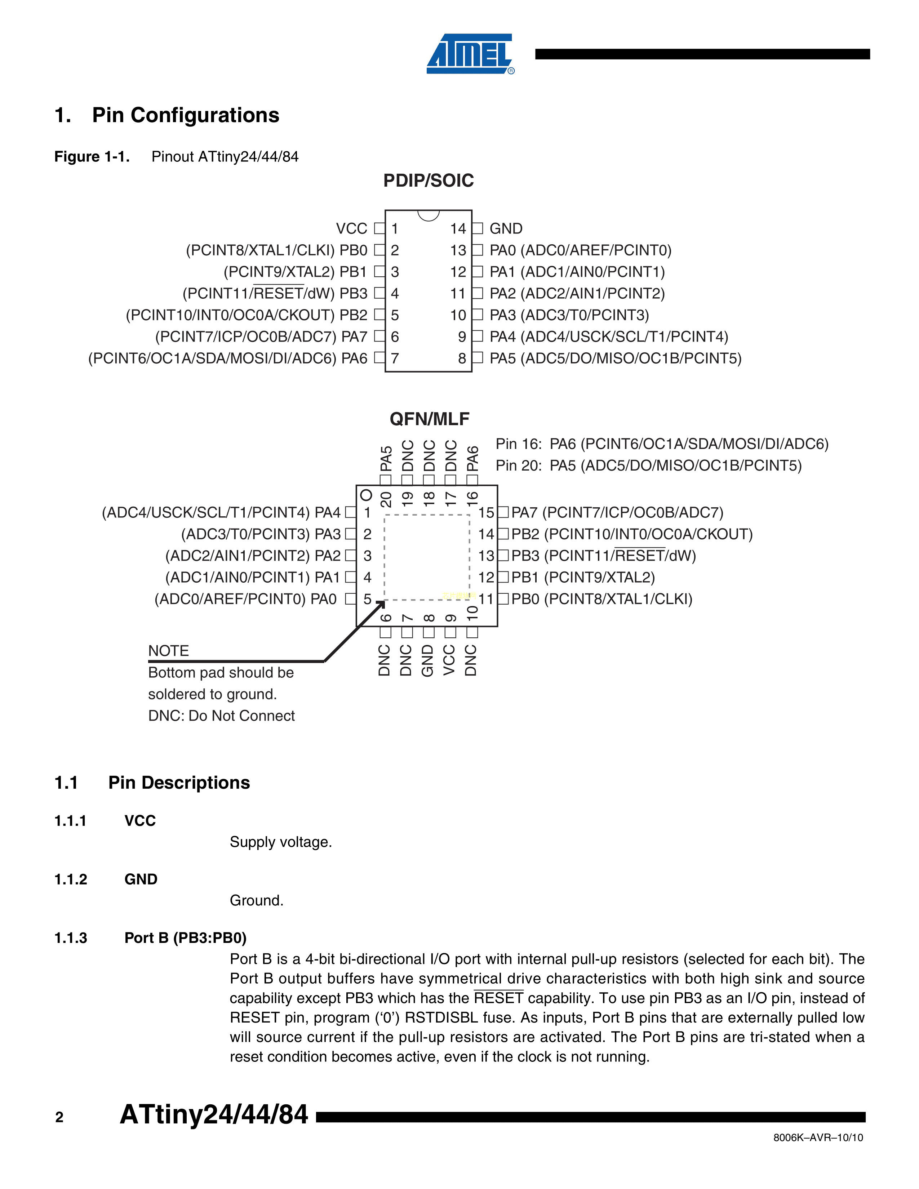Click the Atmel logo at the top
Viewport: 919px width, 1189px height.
tap(469, 54)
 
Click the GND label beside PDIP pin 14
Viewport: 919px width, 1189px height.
tap(506, 229)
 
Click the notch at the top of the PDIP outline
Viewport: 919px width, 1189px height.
tap(429, 215)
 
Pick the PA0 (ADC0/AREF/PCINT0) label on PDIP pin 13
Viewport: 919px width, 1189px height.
tap(580, 250)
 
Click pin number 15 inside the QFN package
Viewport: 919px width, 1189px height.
tap(486, 513)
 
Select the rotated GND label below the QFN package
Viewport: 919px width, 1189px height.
tap(428, 660)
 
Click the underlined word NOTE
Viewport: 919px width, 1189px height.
tap(168, 651)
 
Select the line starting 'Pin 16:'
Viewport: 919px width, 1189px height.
tap(661, 444)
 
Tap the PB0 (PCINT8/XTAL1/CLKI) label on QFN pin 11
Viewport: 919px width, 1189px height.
tap(601, 600)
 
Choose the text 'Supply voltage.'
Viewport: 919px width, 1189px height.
tap(280, 842)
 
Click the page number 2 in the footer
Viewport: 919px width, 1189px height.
tap(59, 1118)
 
